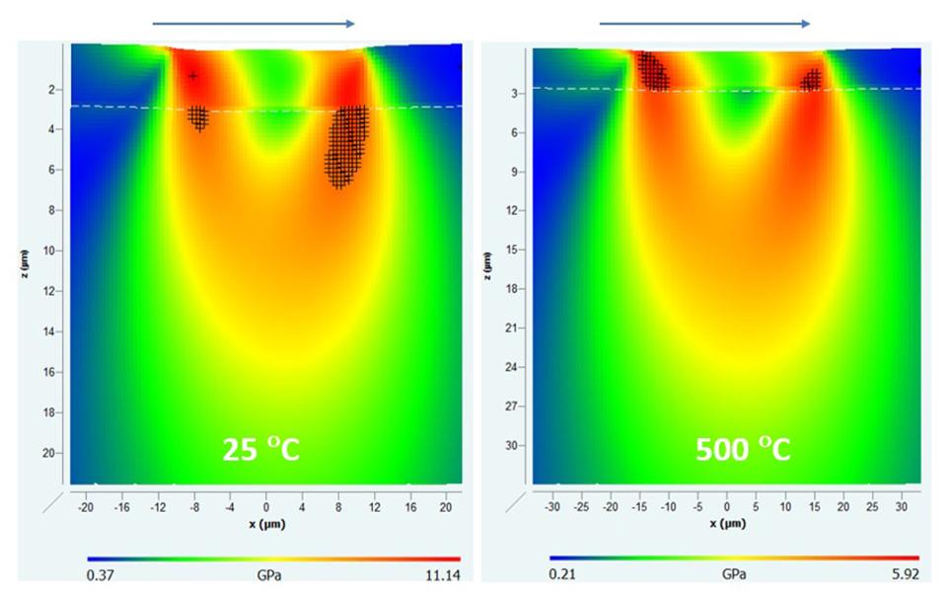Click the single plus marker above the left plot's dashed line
193,76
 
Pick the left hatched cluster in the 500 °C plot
651,71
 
